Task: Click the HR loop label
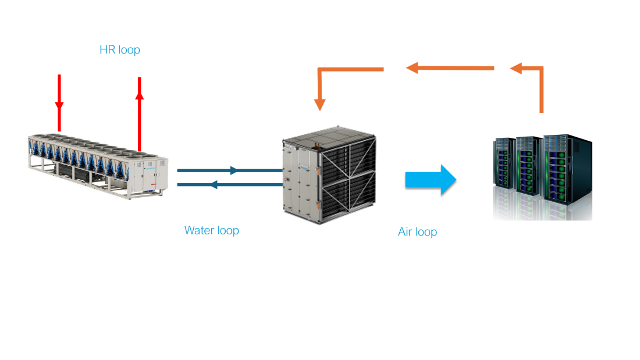tap(120, 50)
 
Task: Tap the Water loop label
tap(211, 230)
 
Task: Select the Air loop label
tap(417, 232)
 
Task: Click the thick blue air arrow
tap(430, 180)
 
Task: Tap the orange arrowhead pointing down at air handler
tap(319, 104)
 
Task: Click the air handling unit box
tap(329, 175)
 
